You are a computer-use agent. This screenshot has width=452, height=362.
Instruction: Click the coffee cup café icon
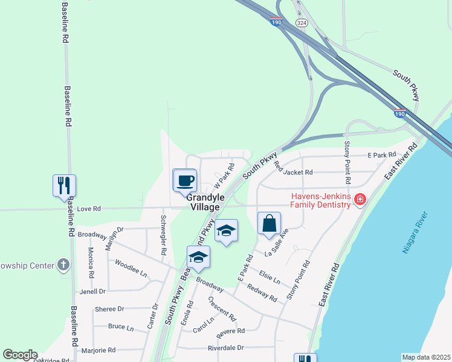pos(185,180)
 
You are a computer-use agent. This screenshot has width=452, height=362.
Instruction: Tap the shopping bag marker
pos(269,224)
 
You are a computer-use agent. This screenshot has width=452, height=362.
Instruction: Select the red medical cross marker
pos(360,199)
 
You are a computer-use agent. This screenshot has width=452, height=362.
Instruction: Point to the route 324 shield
pos(301,22)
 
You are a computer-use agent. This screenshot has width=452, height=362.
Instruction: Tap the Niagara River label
pos(416,232)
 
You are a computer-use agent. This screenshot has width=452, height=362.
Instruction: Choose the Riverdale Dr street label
pos(225,348)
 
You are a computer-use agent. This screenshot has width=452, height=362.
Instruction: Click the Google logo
pos(20,355)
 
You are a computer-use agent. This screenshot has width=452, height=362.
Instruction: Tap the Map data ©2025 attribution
pos(427,357)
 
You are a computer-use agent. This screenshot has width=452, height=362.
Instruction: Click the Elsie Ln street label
pos(269,278)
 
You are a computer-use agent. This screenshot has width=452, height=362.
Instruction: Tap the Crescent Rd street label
pos(221,307)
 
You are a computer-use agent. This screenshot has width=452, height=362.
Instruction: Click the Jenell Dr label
pos(92,291)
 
